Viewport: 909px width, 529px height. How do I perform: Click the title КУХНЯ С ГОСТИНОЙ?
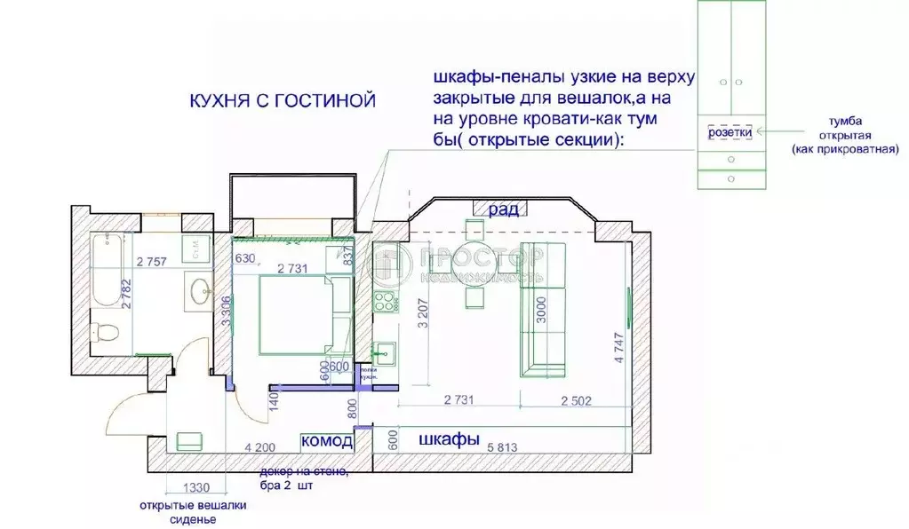(282, 101)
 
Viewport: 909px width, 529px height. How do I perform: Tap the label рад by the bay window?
(502, 209)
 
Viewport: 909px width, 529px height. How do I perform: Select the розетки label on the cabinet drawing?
(730, 131)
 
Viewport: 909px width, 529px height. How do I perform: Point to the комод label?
(327, 440)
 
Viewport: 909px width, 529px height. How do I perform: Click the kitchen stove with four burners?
(385, 303)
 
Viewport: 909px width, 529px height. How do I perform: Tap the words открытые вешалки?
(192, 506)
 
